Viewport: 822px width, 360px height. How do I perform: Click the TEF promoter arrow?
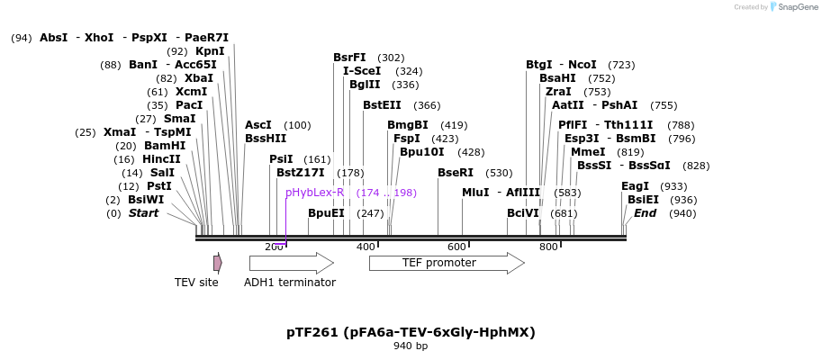point(446,263)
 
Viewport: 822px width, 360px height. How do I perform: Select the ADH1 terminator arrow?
point(291,263)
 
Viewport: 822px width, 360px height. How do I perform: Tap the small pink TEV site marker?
point(217,263)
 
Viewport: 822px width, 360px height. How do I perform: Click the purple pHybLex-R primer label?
point(314,193)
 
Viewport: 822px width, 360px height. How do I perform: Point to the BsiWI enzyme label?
point(146,200)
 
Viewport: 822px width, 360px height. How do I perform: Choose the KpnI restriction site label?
point(210,51)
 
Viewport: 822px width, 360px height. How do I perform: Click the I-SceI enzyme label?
point(362,71)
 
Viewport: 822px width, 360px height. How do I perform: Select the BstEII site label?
point(382,105)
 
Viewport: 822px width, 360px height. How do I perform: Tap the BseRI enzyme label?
point(456,173)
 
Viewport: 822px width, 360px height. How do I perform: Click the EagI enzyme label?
point(635,186)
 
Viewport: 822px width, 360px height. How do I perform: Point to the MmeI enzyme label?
point(588,152)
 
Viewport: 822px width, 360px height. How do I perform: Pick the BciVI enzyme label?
point(522,213)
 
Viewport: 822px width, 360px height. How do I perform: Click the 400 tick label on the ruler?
point(366,247)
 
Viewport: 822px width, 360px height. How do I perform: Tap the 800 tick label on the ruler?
point(548,247)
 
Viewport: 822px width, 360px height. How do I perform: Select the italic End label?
point(645,213)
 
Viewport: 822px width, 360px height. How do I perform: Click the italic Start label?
point(143,213)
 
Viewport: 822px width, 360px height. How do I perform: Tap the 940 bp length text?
point(411,346)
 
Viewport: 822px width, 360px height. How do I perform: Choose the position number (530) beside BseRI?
point(499,173)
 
